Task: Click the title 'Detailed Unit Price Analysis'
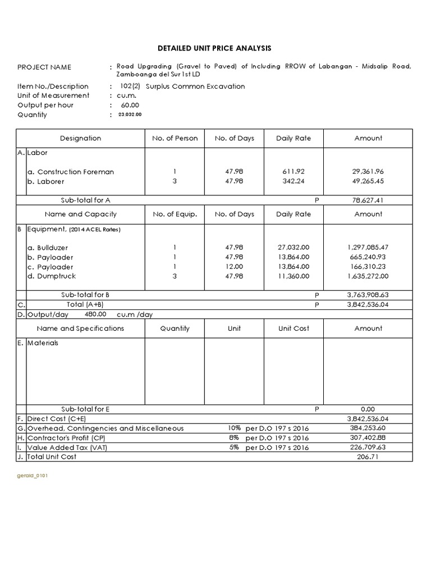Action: pos(215,49)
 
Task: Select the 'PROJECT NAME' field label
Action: pos(44,67)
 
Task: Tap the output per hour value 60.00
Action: pos(130,105)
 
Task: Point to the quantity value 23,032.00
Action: pos(130,115)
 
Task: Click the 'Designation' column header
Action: pos(80,138)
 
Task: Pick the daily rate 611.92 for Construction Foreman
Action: pos(294,172)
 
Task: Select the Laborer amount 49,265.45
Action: pos(368,181)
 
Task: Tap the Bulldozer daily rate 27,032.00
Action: pos(294,248)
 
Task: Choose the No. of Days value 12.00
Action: pos(234,267)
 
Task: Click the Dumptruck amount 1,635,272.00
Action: pos(368,276)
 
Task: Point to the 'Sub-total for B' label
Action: pos(85,294)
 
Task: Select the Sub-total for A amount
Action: pos(368,200)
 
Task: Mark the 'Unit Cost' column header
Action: pos(294,328)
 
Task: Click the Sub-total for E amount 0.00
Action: pos(368,409)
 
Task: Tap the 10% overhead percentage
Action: pos(233,428)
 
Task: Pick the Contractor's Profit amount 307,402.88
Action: pos(368,438)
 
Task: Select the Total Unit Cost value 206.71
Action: pos(368,457)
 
